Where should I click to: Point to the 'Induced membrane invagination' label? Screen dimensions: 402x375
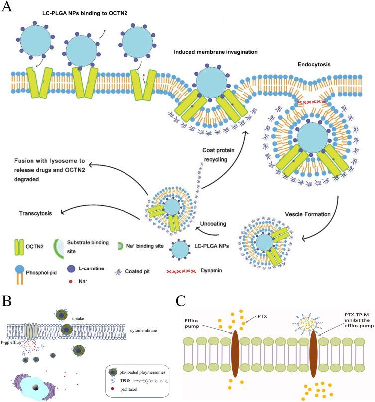216,52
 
